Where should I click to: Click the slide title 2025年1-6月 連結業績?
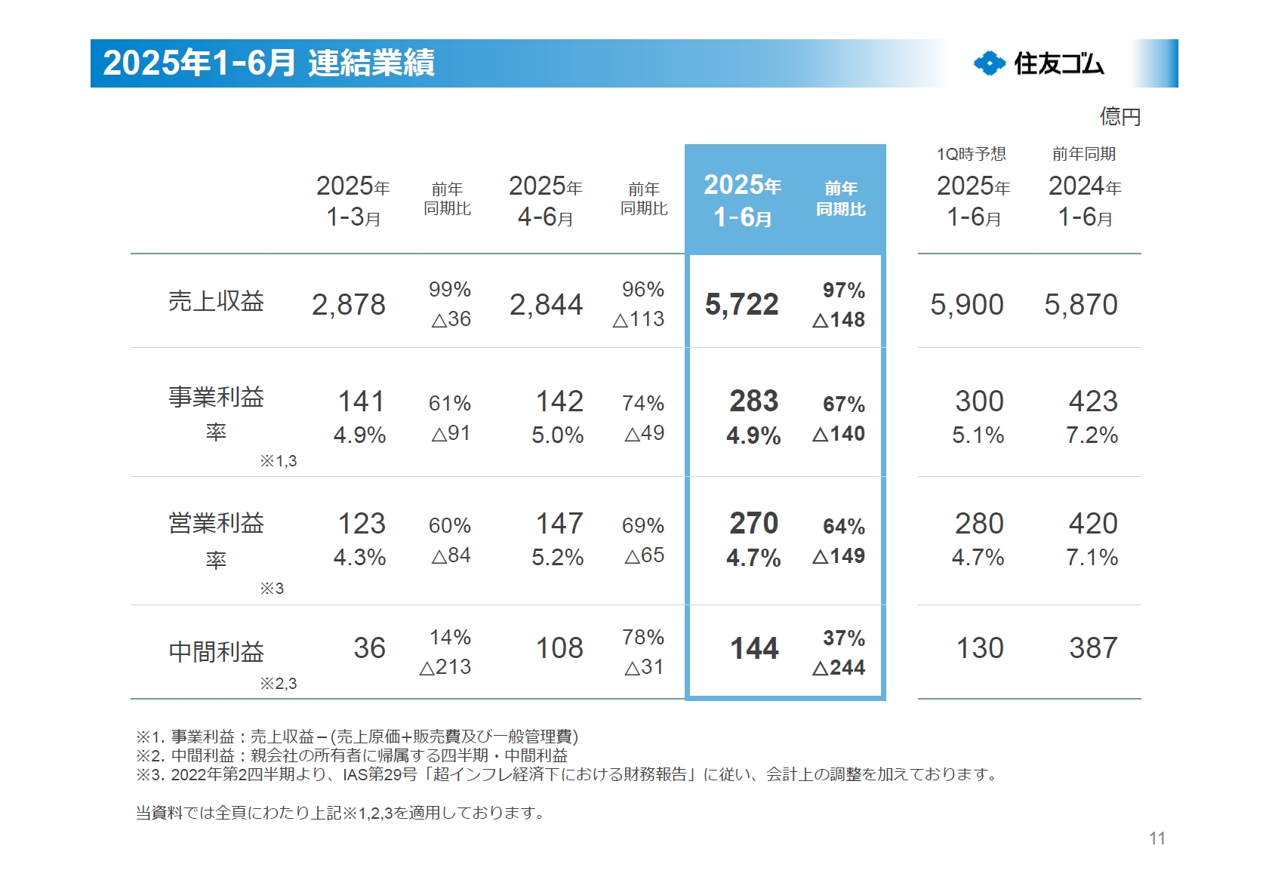[269, 63]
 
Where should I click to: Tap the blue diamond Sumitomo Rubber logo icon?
[989, 63]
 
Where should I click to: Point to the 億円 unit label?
[1120, 117]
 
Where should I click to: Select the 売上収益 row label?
[216, 301]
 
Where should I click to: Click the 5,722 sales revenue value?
[741, 305]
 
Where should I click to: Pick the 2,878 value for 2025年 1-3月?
[348, 305]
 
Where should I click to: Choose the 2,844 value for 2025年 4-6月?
[546, 305]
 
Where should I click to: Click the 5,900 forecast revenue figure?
[966, 305]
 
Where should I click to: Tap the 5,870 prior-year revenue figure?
[1080, 305]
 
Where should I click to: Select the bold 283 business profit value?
[753, 401]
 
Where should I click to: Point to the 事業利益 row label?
[216, 397]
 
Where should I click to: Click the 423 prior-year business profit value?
[1092, 401]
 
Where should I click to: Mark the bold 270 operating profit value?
[753, 524]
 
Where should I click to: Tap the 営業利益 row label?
[216, 523]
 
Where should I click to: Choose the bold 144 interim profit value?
[753, 648]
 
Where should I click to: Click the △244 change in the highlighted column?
[838, 668]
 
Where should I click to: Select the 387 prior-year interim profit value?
[1092, 648]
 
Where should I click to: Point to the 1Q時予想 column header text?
[971, 154]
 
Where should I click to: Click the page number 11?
[1157, 838]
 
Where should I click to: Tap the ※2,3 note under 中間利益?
[278, 684]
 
